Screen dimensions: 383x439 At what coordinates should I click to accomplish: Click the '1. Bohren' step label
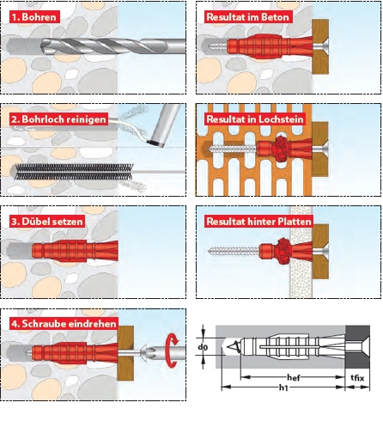34,17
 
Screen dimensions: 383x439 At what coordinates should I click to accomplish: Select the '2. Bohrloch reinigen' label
58,119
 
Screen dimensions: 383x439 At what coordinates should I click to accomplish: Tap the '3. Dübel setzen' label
47,222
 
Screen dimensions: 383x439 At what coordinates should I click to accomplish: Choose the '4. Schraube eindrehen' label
64,324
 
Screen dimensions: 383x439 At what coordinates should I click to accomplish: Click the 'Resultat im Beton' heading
247,17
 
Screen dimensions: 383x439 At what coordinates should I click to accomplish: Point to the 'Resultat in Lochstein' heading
255,119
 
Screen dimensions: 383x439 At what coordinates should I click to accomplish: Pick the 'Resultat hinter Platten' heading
258,222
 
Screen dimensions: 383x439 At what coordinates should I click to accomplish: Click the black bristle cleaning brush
74,172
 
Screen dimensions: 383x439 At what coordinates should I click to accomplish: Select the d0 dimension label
203,347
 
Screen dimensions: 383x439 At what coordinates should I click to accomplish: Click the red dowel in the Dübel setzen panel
75,251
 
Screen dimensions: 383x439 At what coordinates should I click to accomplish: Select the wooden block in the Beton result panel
320,46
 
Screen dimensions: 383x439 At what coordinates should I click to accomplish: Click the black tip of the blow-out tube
155,143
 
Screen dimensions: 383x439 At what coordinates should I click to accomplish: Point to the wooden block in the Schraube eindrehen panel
125,353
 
